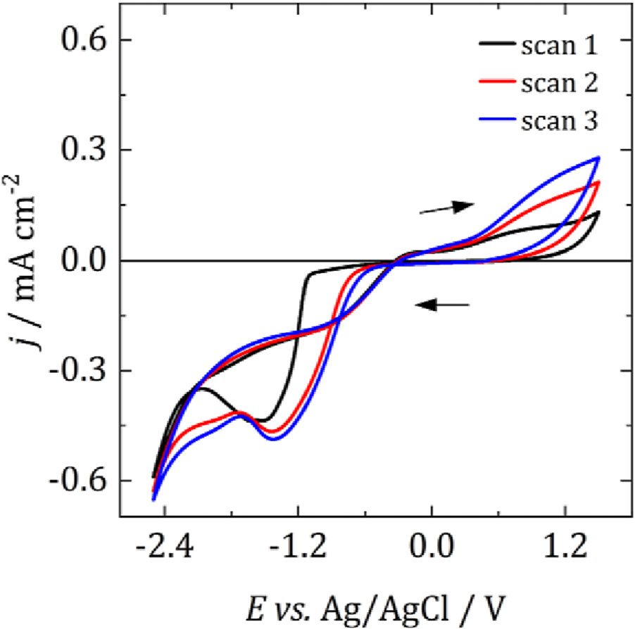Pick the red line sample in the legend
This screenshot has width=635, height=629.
pyautogui.click(x=497, y=83)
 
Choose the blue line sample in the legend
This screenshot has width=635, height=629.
pyautogui.click(x=497, y=120)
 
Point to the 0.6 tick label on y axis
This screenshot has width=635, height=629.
pyautogui.click(x=80, y=40)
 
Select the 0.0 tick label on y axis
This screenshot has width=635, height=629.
pyautogui.click(x=80, y=260)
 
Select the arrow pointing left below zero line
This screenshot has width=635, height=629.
pyautogui.click(x=442, y=305)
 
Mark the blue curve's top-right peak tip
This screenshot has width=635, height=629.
pyautogui.click(x=598, y=158)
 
